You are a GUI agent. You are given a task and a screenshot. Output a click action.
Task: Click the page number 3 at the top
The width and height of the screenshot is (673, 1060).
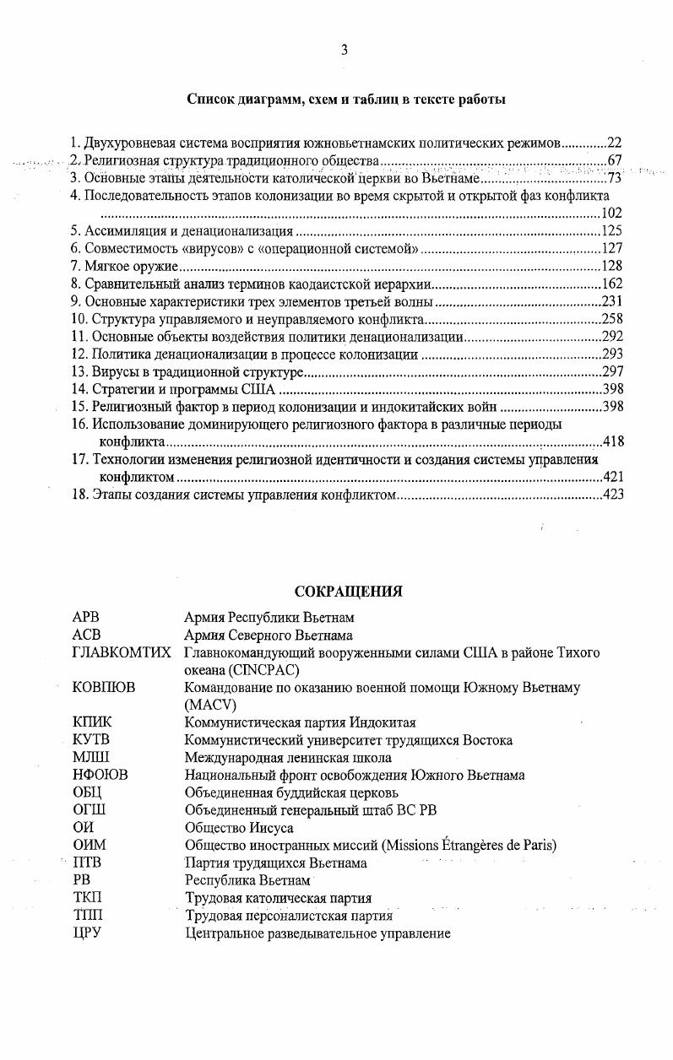pos(345,50)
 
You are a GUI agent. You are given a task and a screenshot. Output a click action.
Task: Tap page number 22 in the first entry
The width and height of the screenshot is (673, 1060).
pos(615,143)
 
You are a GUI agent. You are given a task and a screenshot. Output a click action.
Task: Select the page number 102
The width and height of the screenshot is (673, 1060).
pos(611,214)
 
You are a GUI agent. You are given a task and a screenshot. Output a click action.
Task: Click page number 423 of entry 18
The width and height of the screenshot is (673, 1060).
pos(613,495)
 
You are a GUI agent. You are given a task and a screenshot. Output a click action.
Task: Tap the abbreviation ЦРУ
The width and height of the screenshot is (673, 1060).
pos(87,933)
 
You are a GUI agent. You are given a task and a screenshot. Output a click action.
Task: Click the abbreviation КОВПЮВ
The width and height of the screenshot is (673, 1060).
pos(104,688)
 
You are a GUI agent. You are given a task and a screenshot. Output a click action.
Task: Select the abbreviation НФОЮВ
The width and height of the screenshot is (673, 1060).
pos(100,775)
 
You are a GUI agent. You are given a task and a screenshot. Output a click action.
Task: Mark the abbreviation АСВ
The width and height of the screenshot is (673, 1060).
pos(87,635)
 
